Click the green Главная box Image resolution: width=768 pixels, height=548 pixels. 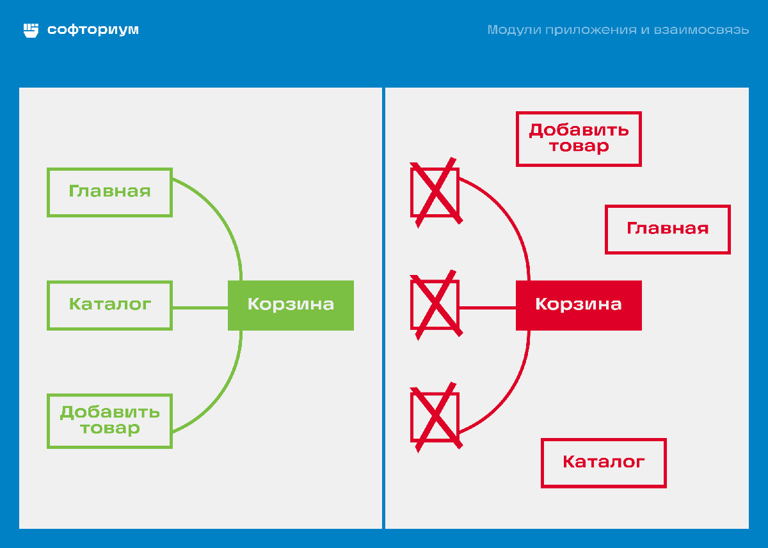tap(109, 192)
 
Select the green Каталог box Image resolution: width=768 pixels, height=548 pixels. tap(109, 305)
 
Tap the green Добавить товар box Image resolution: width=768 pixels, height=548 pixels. tap(109, 420)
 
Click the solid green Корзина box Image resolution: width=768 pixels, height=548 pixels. tap(291, 305)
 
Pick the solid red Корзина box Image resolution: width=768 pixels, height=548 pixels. tap(579, 305)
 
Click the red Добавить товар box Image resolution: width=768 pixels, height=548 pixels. tap(579, 139)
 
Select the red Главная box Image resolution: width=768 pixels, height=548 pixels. tap(668, 229)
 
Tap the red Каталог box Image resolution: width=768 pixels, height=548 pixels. tap(604, 462)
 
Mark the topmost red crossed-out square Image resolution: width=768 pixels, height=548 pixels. tap(435, 192)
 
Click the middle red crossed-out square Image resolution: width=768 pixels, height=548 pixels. tap(435, 305)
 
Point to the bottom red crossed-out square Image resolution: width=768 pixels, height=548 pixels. tap(435, 417)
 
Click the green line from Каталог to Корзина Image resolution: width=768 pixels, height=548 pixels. tap(200, 308)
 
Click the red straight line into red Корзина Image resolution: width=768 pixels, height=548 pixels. tap(487, 308)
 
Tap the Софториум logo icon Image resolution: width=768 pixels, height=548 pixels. tap(31, 30)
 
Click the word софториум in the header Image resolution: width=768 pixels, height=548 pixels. tap(93, 30)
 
